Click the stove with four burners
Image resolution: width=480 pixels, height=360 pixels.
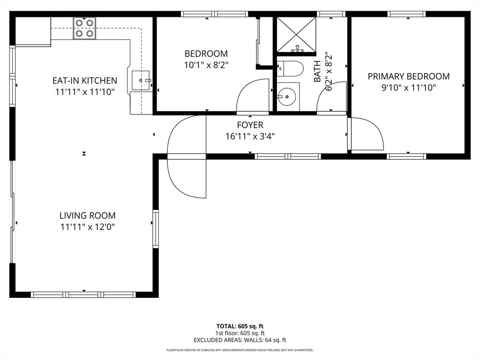(85, 28)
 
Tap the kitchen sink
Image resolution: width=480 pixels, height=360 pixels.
(142, 81)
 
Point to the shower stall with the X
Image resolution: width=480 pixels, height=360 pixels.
(296, 35)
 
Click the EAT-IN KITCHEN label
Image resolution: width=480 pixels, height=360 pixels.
(84, 81)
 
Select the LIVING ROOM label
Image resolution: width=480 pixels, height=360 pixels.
(87, 216)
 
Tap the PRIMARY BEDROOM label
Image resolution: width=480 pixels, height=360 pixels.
(408, 76)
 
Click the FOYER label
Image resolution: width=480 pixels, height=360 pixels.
(250, 125)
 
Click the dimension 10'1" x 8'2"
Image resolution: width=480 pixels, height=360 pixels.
(206, 65)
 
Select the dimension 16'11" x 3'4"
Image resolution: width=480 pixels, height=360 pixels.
(250, 136)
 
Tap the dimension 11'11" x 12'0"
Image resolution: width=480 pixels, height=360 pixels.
(87, 227)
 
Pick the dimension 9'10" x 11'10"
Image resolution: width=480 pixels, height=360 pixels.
(408, 87)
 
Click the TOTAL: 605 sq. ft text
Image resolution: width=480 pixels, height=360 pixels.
(243, 326)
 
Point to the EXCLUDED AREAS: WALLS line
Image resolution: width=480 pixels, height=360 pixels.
(240, 340)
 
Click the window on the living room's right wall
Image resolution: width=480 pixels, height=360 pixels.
(156, 229)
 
